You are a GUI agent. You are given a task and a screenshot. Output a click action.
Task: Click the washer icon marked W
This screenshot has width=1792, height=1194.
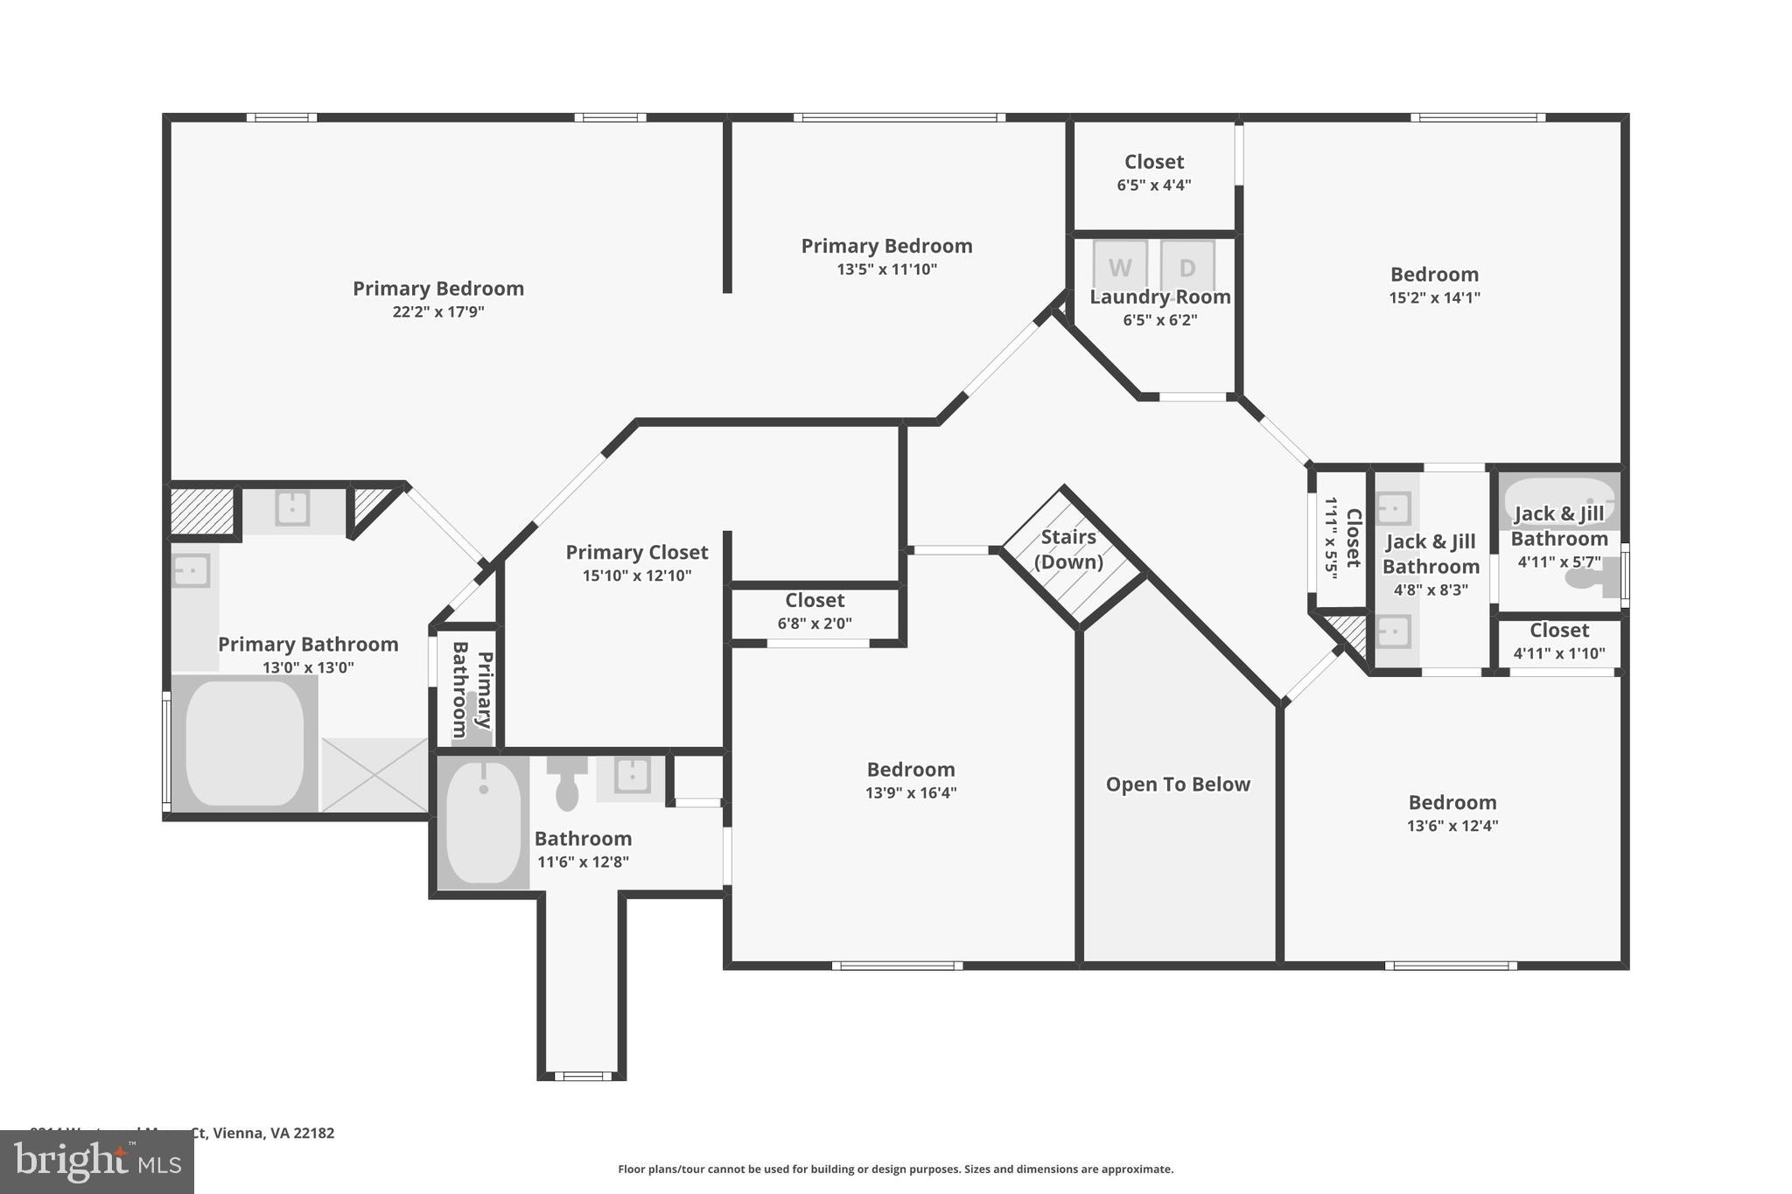1120,266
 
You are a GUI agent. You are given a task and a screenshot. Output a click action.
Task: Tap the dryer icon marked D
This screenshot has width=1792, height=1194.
1187,266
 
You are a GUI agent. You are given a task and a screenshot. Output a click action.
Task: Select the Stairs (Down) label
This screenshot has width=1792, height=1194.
1068,549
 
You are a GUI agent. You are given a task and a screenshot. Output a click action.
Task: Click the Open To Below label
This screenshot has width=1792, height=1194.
1178,785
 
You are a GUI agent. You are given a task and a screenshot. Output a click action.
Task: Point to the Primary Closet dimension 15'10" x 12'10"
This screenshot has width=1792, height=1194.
637,576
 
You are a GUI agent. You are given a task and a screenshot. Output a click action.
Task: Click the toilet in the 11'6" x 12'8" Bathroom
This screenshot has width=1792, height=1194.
567,784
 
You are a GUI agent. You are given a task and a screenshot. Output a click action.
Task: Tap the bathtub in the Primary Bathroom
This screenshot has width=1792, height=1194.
245,744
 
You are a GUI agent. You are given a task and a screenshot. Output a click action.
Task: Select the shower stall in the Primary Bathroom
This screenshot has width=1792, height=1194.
374,774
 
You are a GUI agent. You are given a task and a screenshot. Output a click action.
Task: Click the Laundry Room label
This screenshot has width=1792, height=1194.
1159,297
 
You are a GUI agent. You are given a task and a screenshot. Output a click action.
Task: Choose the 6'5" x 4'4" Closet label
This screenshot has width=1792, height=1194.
1154,163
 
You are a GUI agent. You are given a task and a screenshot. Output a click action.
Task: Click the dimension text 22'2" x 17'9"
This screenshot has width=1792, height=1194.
438,312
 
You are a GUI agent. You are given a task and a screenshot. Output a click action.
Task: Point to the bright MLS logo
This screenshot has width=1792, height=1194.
97,1162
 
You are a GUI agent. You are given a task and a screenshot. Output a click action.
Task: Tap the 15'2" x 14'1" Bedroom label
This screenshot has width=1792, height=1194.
1434,275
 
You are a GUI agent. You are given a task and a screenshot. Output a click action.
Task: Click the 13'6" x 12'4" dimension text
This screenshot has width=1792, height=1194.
1452,826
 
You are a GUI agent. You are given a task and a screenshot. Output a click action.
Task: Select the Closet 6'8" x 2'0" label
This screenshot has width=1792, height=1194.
815,601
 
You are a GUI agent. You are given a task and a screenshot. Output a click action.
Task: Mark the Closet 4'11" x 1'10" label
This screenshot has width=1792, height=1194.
1559,631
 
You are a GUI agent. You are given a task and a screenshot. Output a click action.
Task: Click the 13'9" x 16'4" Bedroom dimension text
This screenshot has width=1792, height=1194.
911,793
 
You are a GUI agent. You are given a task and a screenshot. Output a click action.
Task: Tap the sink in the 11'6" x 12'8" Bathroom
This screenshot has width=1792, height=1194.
631,775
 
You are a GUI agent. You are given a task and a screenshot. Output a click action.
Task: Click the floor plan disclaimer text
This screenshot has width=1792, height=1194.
896,1169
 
